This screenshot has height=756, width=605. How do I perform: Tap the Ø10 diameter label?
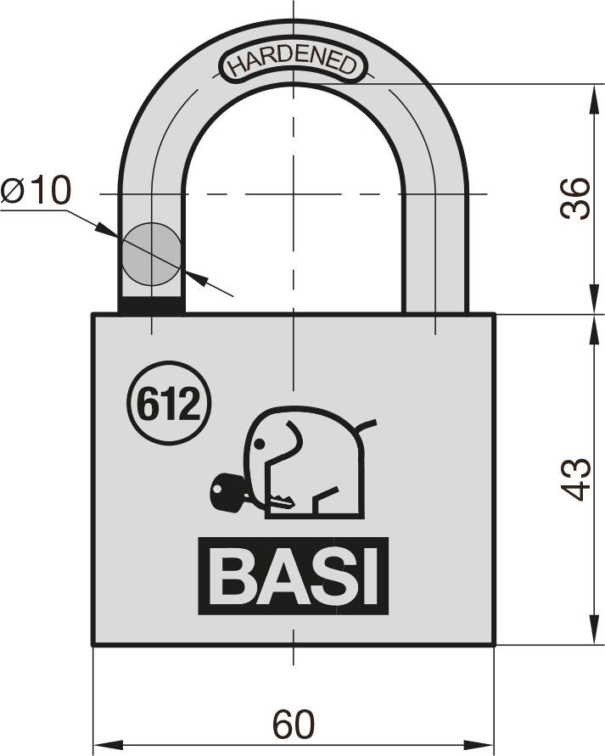pyautogui.click(x=36, y=190)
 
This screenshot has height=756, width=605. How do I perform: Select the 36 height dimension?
pyautogui.click(x=575, y=199)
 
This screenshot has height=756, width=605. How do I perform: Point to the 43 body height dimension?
pyautogui.click(x=575, y=479)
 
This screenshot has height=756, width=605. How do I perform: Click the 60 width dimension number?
pyautogui.click(x=294, y=724)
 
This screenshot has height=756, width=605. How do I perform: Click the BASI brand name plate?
pyautogui.click(x=293, y=575)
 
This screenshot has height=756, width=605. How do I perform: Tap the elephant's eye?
pyautogui.click(x=260, y=444)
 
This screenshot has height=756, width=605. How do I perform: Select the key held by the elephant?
pyautogui.click(x=250, y=495)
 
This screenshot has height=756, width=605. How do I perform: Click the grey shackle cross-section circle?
pyautogui.click(x=151, y=254)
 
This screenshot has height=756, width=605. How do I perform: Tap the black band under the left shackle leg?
pyautogui.click(x=151, y=306)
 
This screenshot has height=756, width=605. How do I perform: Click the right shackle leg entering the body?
pyautogui.click(x=434, y=289)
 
